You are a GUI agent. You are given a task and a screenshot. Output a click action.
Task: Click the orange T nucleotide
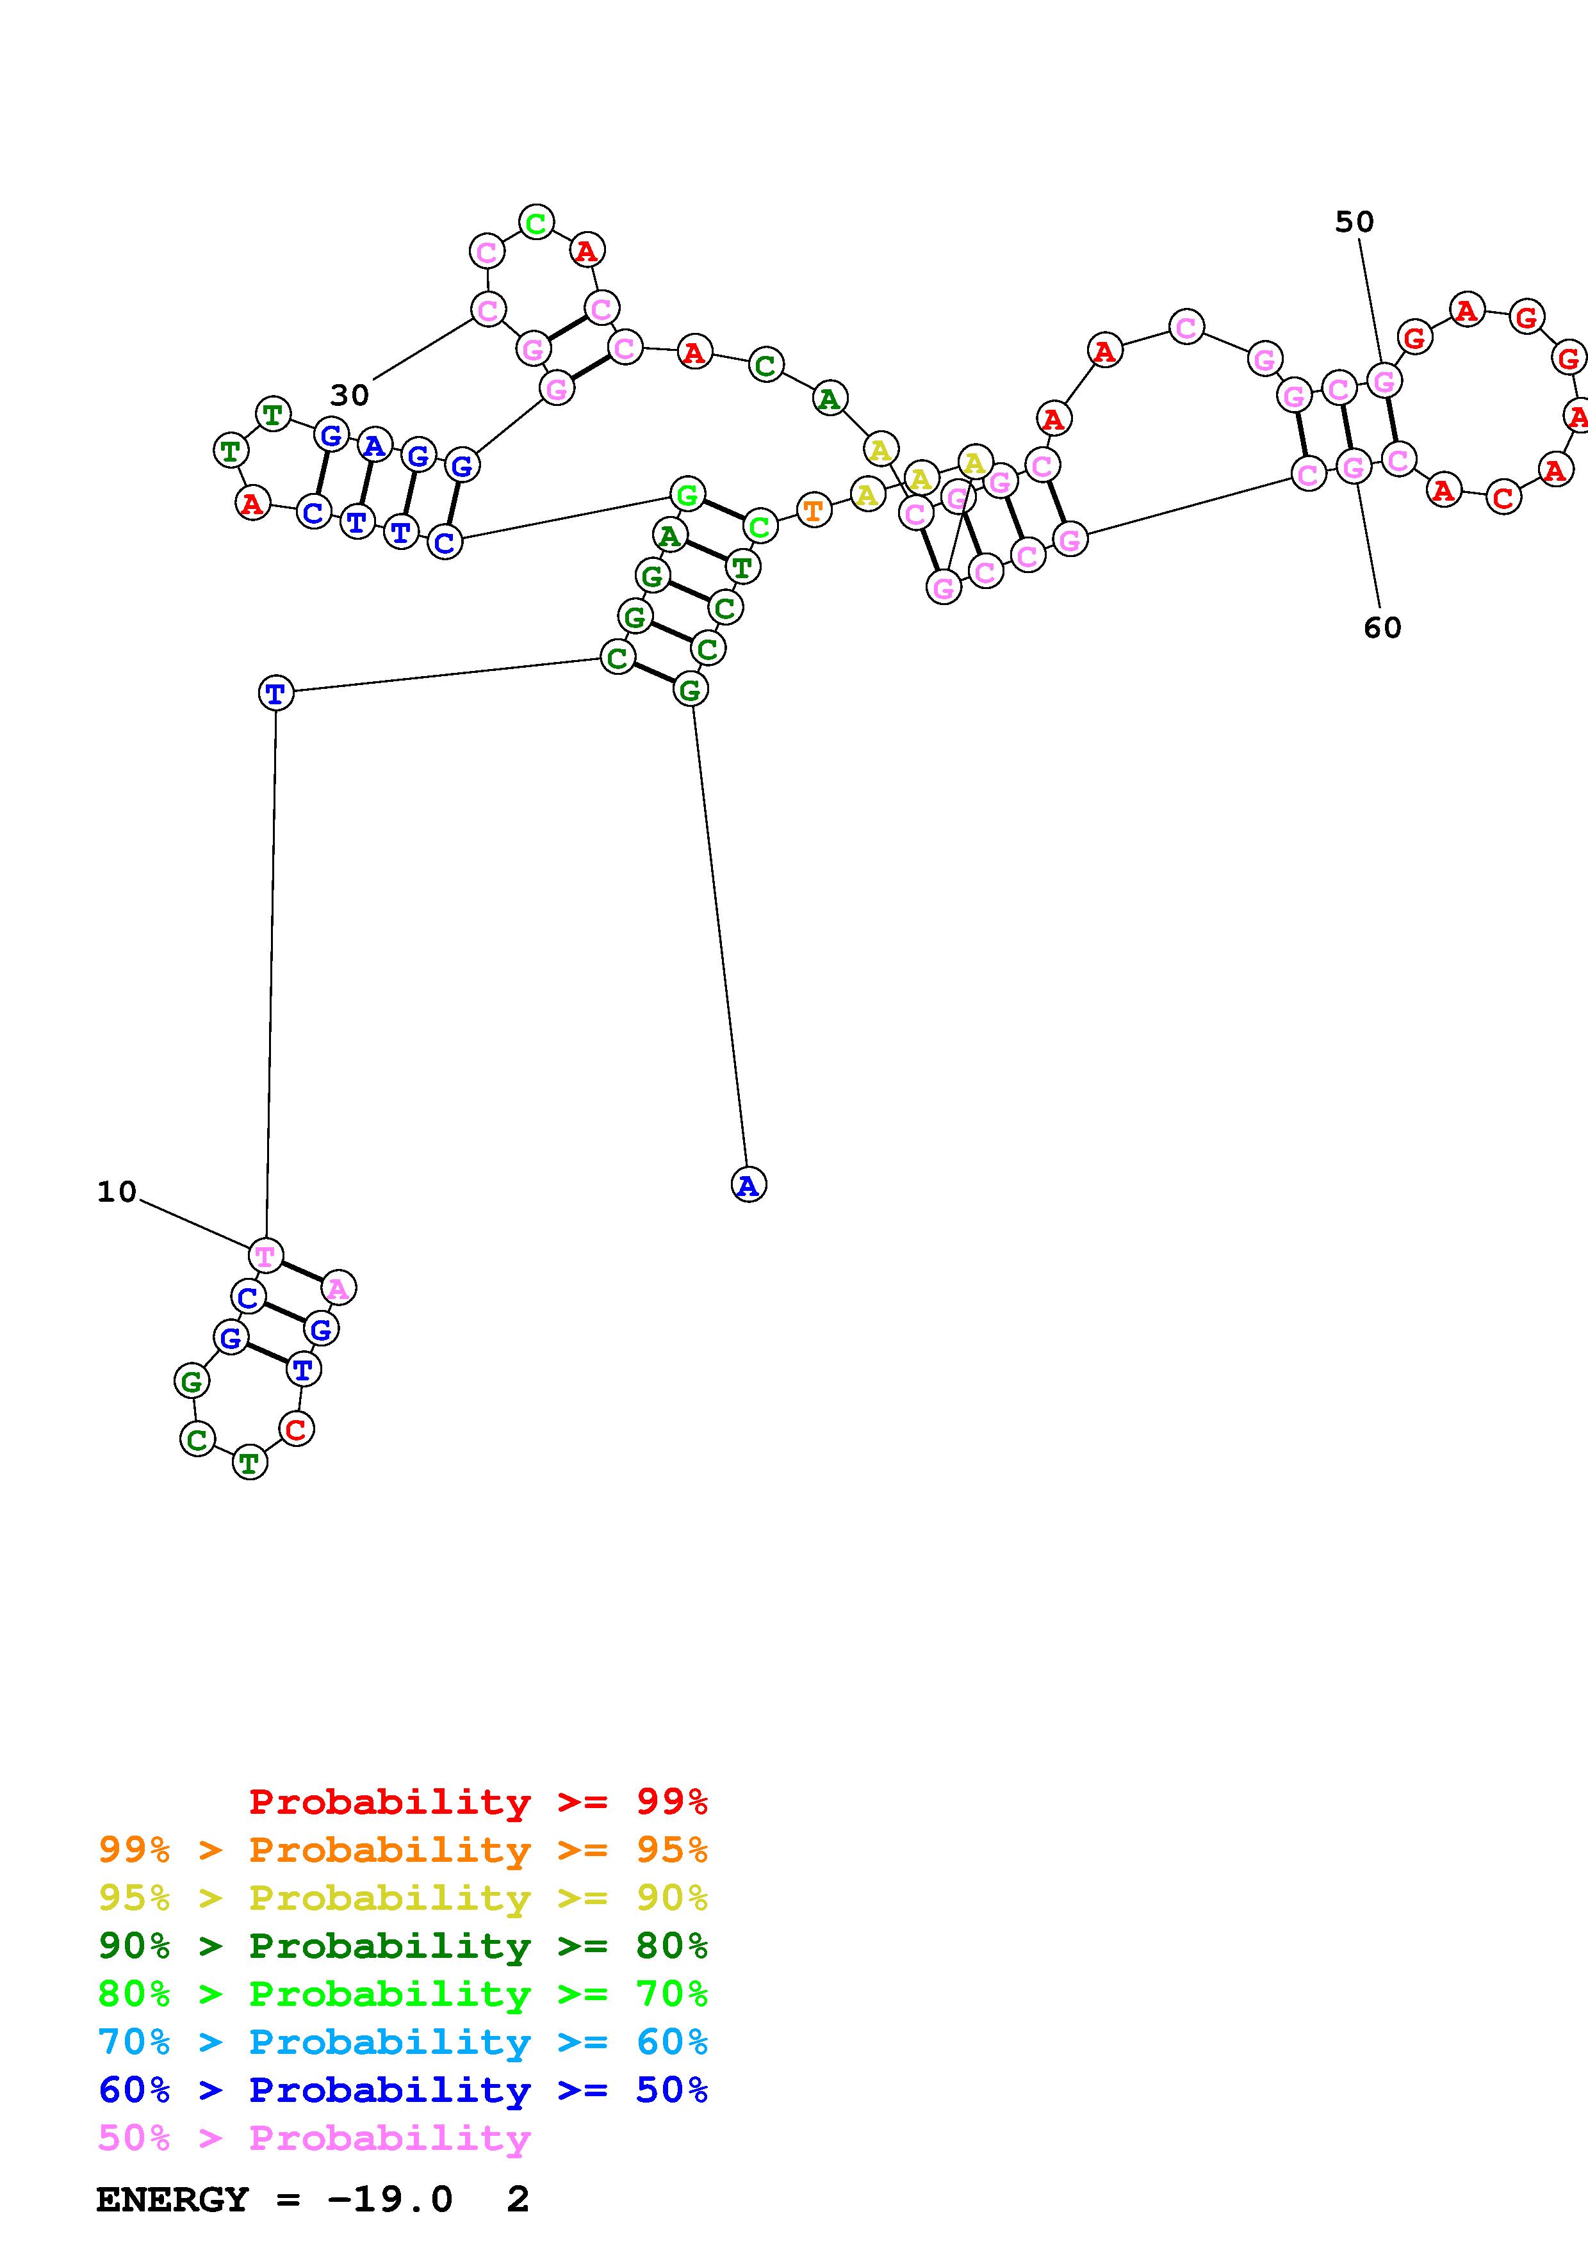tap(813, 510)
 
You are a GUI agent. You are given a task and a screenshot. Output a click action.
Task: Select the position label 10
tap(117, 1192)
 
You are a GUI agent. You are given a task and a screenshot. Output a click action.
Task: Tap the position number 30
tap(349, 395)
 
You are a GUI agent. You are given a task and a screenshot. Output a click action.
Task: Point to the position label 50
tap(1354, 222)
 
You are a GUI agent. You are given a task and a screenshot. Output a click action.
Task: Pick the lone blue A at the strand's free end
tap(748, 1184)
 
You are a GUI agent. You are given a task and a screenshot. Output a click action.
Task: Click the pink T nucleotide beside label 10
tap(265, 1255)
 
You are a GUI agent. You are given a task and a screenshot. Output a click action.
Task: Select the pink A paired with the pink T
tap(338, 1288)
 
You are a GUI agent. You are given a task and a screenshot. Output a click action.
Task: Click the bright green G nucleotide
tap(688, 495)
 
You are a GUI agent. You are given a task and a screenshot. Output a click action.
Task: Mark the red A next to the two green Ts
tap(252, 504)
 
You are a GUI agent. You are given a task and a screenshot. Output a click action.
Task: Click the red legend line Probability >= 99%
tap(477, 1802)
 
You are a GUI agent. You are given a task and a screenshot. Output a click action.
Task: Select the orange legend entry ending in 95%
tap(403, 1850)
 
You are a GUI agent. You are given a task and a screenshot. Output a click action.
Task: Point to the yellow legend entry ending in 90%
tap(403, 1898)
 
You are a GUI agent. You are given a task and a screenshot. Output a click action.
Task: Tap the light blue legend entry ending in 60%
tap(403, 2042)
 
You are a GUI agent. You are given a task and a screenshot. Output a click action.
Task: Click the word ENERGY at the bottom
tap(172, 2200)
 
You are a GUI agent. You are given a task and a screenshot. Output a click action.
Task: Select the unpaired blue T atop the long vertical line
tap(276, 693)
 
